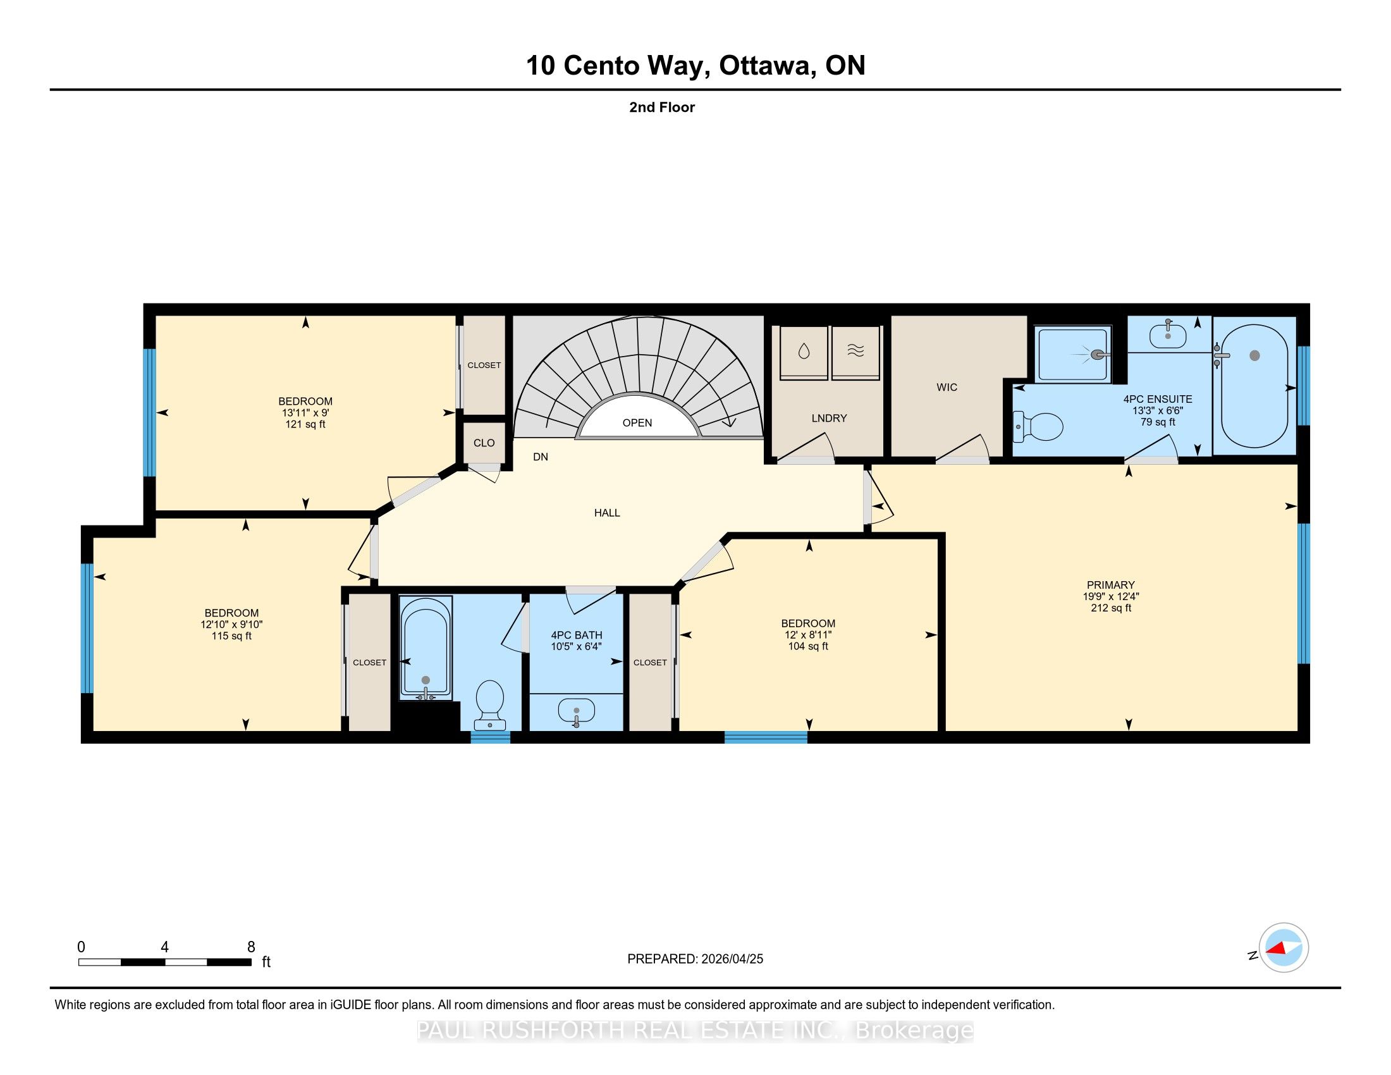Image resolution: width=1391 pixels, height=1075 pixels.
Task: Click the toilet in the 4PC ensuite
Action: pyautogui.click(x=1038, y=427)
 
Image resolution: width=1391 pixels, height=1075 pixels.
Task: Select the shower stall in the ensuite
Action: pyautogui.click(x=1072, y=354)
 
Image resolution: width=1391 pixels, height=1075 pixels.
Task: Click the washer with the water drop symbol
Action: pyautogui.click(x=803, y=353)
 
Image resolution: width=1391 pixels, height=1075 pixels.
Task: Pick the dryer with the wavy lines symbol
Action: pyautogui.click(x=855, y=353)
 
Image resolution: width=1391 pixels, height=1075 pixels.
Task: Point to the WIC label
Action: pyautogui.click(x=947, y=387)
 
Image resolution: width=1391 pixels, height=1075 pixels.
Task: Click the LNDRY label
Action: pyautogui.click(x=829, y=419)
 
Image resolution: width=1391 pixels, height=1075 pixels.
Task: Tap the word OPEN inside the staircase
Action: pyautogui.click(x=637, y=423)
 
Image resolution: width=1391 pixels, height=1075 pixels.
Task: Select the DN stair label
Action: pyautogui.click(x=540, y=457)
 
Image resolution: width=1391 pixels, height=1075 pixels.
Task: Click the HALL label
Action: pyautogui.click(x=607, y=513)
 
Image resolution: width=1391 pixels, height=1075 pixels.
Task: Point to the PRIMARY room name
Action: pyautogui.click(x=1111, y=585)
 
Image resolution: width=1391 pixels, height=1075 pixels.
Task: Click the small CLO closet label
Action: pyautogui.click(x=484, y=443)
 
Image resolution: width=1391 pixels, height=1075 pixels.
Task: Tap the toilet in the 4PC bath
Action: pyautogui.click(x=490, y=704)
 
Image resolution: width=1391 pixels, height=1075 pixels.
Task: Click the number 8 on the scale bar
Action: pyautogui.click(x=251, y=947)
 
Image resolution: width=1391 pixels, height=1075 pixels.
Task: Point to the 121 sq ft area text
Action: pyautogui.click(x=305, y=424)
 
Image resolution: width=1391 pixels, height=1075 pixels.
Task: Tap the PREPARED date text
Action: pyautogui.click(x=695, y=959)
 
